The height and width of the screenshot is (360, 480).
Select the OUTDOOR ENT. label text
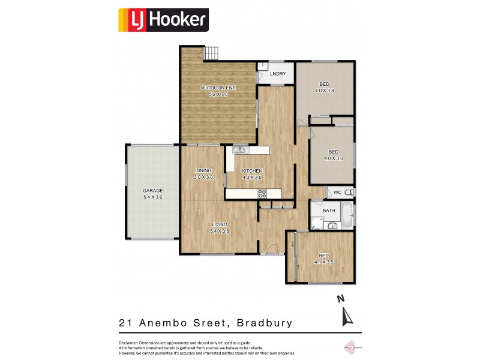tap(218, 88)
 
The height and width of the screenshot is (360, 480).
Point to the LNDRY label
tap(278, 74)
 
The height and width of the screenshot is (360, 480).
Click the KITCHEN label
tap(253, 171)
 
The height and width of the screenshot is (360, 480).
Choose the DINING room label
tap(203, 171)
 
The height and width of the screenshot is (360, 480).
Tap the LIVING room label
tap(220, 224)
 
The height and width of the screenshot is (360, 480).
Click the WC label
tap(337, 192)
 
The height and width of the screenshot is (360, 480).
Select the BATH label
tap(329, 211)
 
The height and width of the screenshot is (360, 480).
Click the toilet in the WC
tap(349, 192)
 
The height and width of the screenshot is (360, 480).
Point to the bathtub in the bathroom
tap(347, 217)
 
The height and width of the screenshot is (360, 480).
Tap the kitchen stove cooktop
tap(262, 193)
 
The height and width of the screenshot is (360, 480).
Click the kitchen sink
tap(239, 150)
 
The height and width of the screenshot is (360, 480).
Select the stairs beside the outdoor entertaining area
tap(212, 54)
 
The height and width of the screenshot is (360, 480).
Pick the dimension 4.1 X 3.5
tap(323, 262)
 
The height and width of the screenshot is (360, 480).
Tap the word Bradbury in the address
tap(265, 323)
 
